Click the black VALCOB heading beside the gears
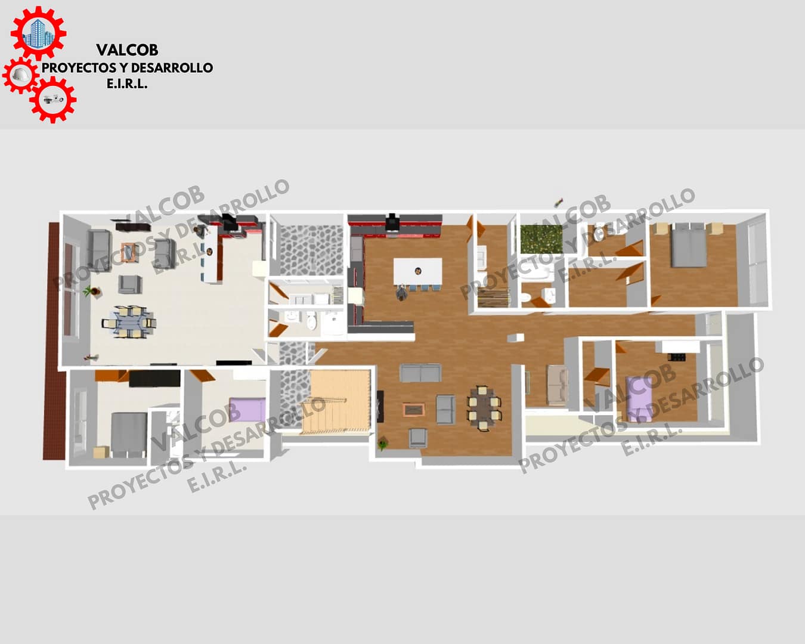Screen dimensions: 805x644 tap(127, 50)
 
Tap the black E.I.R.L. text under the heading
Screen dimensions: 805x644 tap(127, 84)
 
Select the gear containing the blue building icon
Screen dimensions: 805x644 tap(39, 33)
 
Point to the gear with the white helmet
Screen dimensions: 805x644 tap(21, 75)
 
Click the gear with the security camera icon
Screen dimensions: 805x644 tap(53, 100)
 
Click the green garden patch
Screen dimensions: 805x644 tap(541, 240)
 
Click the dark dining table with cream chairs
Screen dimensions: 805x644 tap(484, 408)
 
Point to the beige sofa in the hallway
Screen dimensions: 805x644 tap(558, 385)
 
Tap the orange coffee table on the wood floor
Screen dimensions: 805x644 tap(413, 410)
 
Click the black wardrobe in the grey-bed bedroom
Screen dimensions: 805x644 tap(154, 379)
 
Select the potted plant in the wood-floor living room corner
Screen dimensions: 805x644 tap(383, 444)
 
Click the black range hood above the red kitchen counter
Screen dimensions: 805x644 tap(392, 222)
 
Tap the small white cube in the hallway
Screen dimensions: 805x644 tap(515, 338)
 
